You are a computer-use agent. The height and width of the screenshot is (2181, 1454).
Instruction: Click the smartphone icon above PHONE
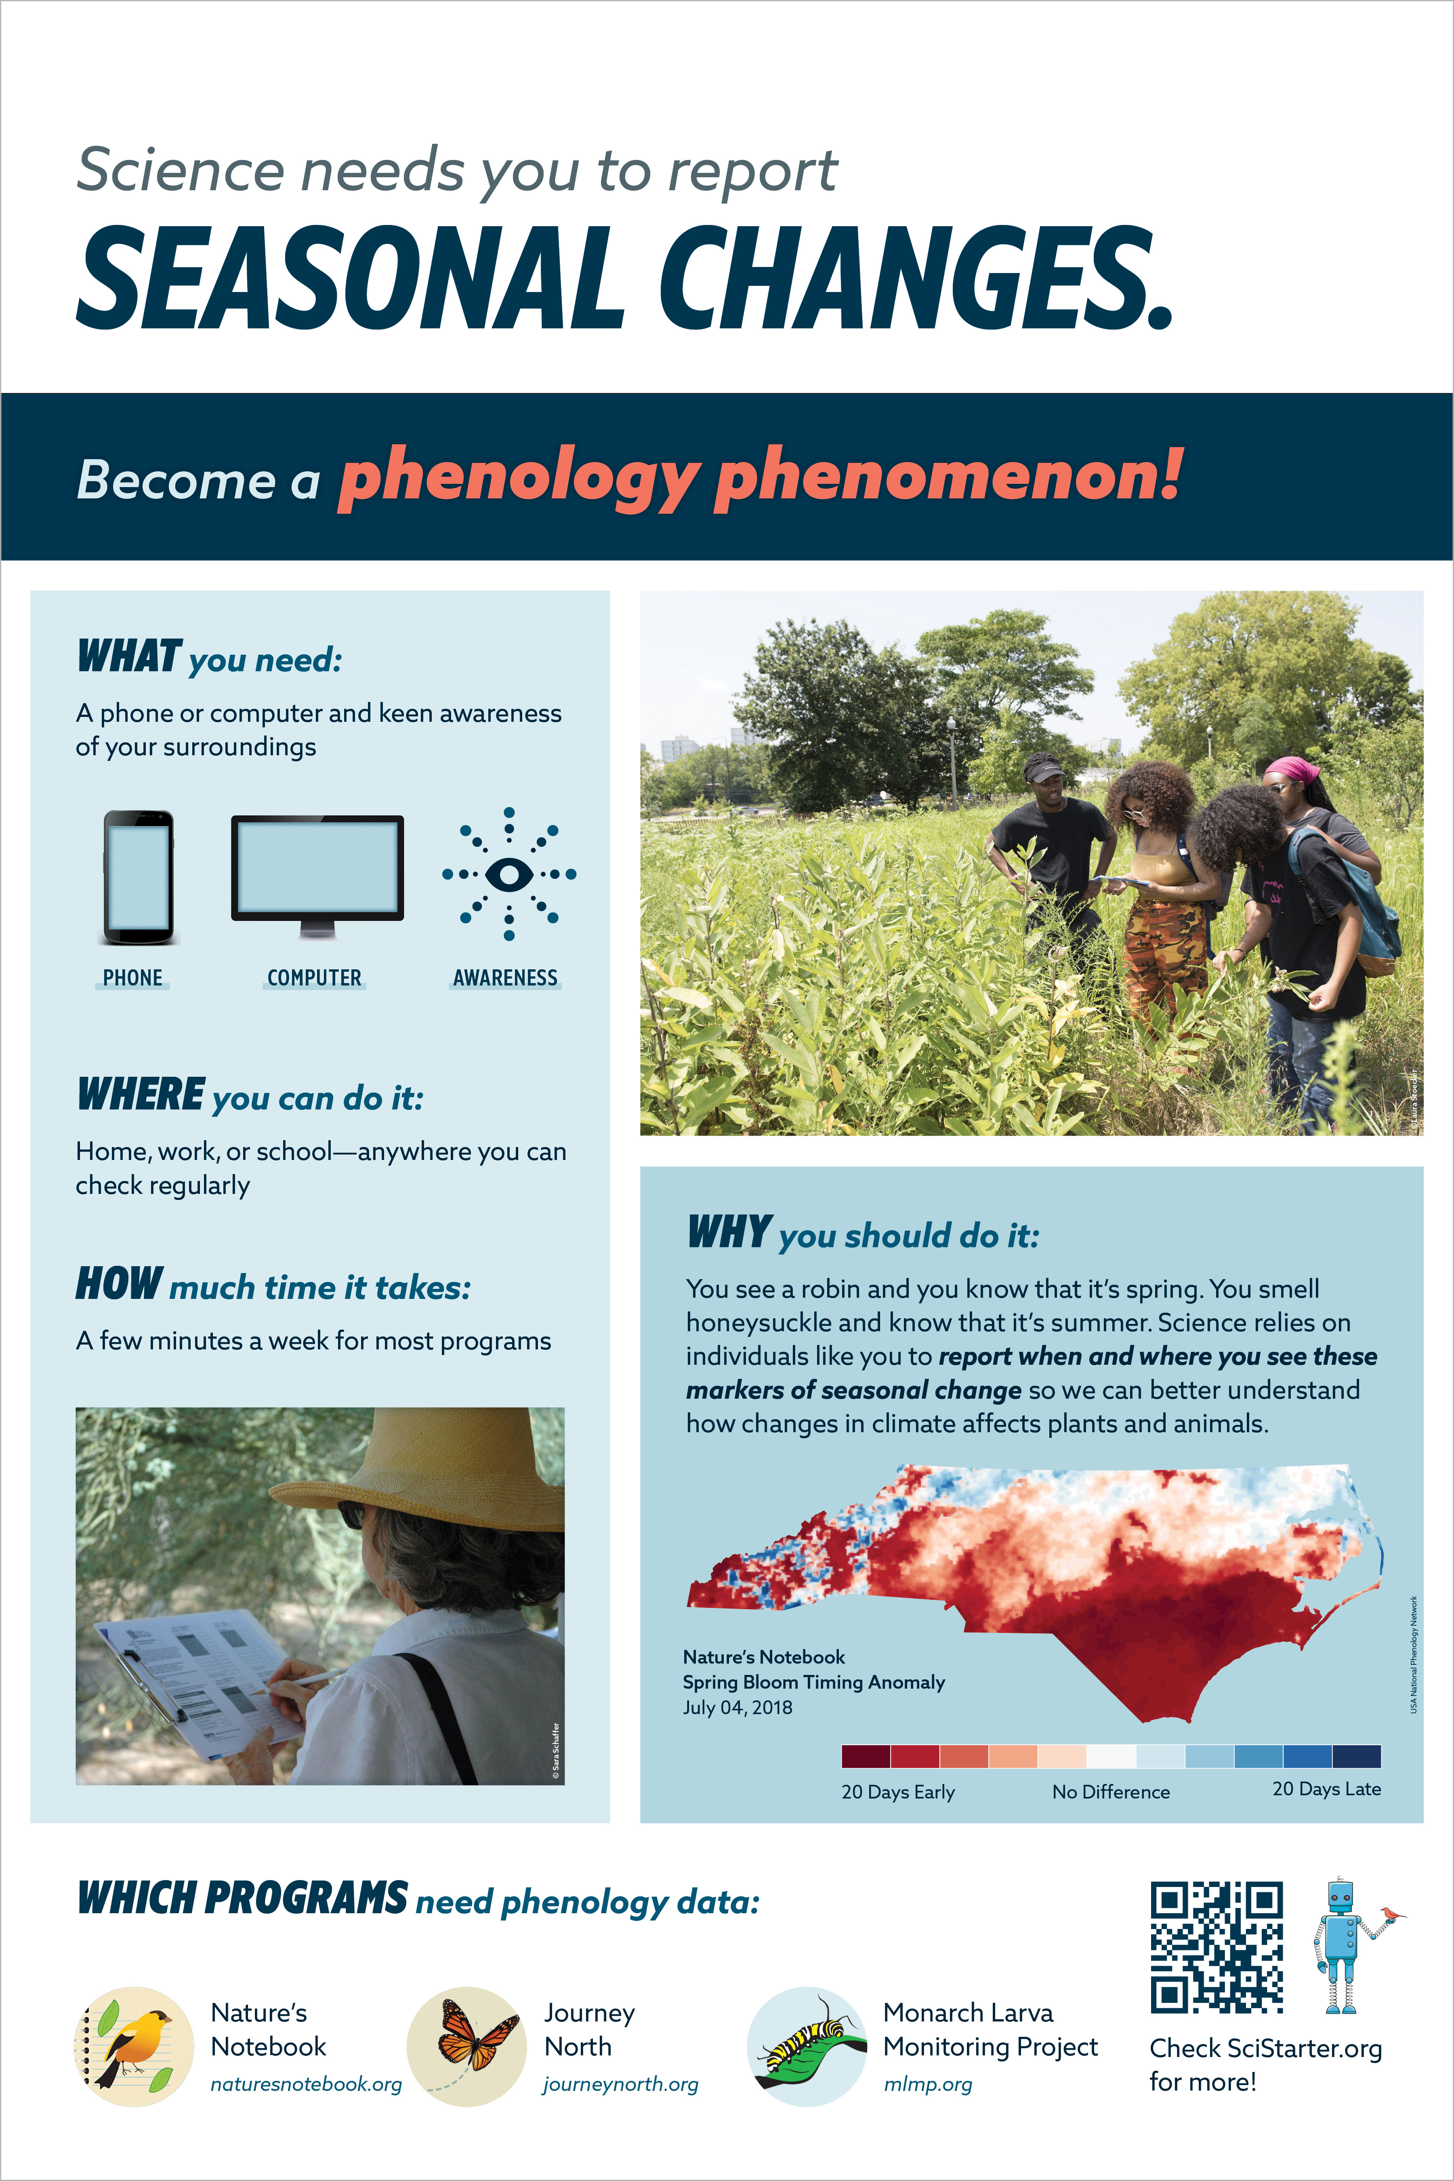pyautogui.click(x=138, y=877)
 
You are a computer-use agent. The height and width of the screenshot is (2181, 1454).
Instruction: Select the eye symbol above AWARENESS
pyautogui.click(x=509, y=874)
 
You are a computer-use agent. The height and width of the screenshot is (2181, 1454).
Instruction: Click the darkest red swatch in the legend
pyautogui.click(x=865, y=1755)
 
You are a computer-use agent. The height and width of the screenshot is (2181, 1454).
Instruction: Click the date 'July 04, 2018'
pyautogui.click(x=737, y=1707)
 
